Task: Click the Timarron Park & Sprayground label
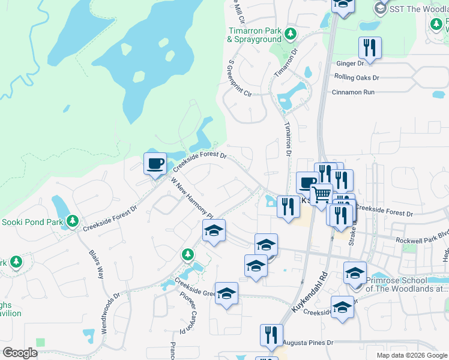(x=254, y=35)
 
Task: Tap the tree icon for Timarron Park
(x=291, y=32)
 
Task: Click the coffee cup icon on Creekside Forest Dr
(x=155, y=163)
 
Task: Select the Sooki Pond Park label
(x=32, y=221)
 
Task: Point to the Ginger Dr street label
(x=350, y=63)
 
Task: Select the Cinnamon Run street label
(x=353, y=92)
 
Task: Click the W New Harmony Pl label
(x=192, y=197)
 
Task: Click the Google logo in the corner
(x=20, y=353)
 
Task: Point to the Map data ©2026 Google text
(x=411, y=355)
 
